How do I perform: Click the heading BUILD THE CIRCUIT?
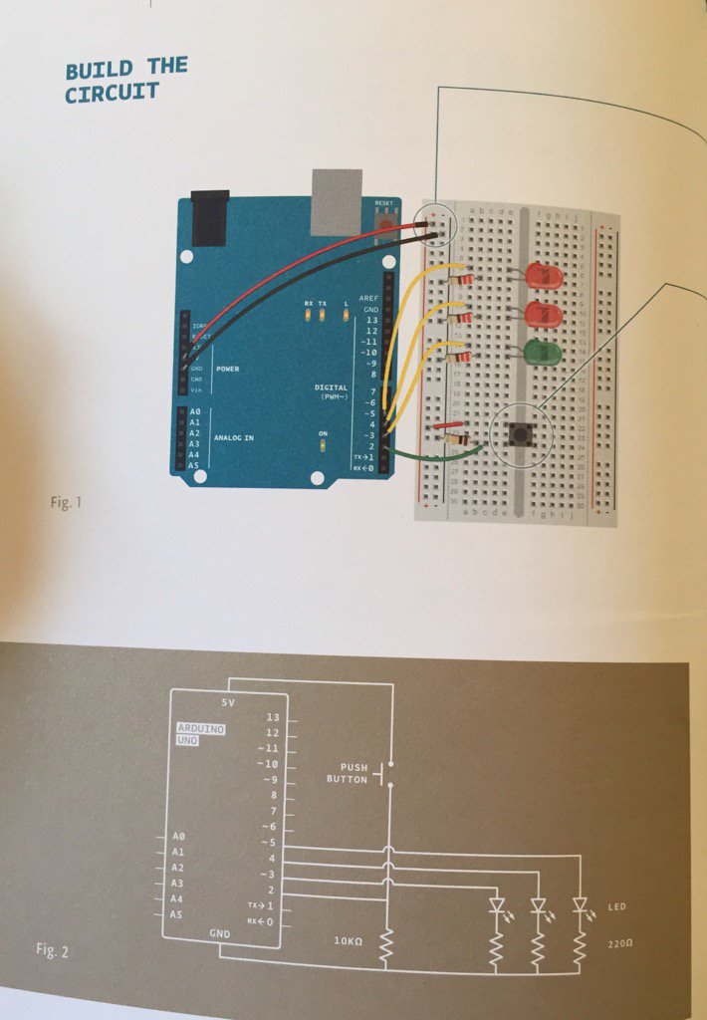point(125,81)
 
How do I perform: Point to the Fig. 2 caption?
point(52,950)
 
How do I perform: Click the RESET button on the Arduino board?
point(384,222)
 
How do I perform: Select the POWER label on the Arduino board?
point(229,369)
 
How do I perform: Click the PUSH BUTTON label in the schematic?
point(348,773)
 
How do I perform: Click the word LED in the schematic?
point(616,908)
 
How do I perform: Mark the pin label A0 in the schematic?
point(178,837)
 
